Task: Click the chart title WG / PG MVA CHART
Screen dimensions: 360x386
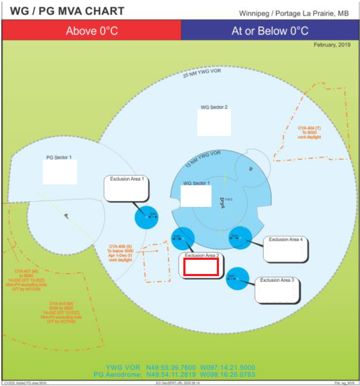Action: (x=67, y=11)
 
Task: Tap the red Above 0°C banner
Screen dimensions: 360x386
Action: (x=92, y=31)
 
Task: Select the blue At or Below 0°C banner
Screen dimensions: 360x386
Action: (x=270, y=31)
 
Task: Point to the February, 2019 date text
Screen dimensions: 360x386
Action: (x=332, y=45)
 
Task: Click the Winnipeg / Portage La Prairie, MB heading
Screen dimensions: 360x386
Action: (x=293, y=13)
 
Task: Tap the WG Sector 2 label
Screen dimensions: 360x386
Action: (x=214, y=107)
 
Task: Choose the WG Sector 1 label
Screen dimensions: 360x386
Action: (x=196, y=183)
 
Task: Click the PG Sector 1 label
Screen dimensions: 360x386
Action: (x=59, y=157)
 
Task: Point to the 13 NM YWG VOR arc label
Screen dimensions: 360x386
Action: (x=202, y=157)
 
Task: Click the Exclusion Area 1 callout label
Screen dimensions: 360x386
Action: (x=127, y=179)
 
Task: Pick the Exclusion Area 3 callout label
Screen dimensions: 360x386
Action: (x=277, y=280)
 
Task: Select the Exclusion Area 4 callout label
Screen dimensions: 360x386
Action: (x=286, y=240)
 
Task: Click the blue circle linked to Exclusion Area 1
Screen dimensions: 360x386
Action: (x=146, y=217)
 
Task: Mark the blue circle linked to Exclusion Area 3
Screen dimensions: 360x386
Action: (x=238, y=278)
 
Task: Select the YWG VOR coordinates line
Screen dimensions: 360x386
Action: (x=180, y=367)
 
